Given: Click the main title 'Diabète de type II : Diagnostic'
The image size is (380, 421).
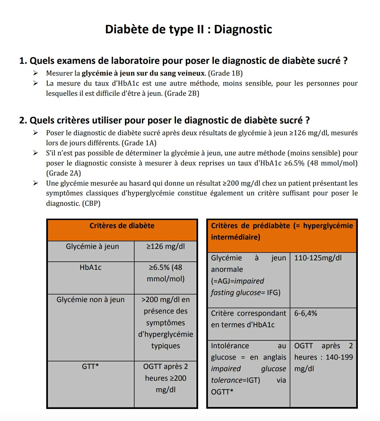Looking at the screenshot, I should [x=188, y=29].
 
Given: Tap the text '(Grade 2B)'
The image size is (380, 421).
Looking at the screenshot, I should [x=182, y=93].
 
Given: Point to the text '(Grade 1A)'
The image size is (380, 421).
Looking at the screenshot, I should [x=139, y=143].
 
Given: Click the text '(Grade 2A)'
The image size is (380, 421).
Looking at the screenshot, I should [x=64, y=173].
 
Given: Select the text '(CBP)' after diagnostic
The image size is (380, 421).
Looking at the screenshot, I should [x=91, y=204].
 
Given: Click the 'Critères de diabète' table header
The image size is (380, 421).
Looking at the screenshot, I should [x=122, y=226].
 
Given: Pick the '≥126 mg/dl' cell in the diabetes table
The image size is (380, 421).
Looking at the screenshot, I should [x=166, y=247].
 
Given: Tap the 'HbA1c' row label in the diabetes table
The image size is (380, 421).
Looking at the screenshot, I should [x=91, y=268].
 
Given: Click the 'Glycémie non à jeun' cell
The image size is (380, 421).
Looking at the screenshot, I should [x=91, y=300].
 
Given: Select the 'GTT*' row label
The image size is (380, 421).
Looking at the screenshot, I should [x=91, y=367].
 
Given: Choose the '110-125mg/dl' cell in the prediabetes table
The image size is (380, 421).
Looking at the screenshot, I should [x=318, y=258].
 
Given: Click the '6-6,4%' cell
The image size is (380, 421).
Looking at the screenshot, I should [x=305, y=314].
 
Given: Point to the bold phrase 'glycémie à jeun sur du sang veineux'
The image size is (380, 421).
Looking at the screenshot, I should [x=143, y=73].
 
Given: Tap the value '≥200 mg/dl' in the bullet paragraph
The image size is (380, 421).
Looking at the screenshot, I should [x=241, y=184].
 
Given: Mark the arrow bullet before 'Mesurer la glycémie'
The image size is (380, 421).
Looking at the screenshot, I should [x=35, y=73].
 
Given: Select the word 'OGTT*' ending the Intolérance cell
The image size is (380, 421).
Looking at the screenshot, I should [x=222, y=392].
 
